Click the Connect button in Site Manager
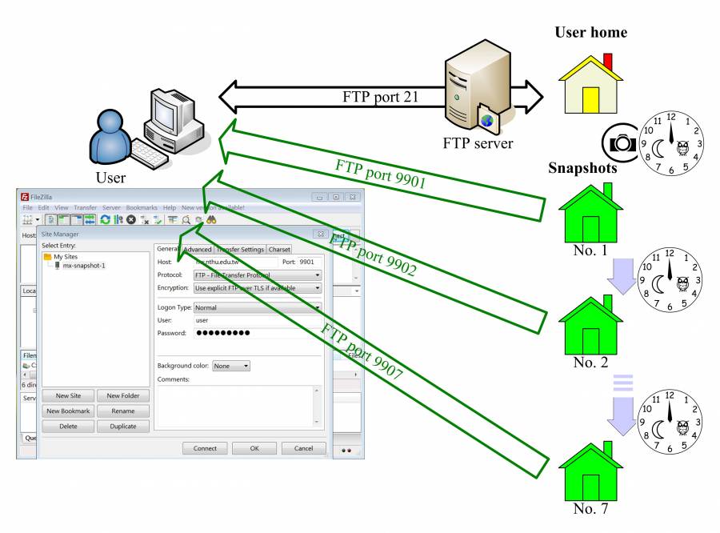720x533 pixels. (205, 448)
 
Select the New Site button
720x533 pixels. (68, 395)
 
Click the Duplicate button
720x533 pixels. (122, 427)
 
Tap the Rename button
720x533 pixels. (122, 411)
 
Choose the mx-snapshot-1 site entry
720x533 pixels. (84, 266)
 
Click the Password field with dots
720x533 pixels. (256, 333)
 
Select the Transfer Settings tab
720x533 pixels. (240, 250)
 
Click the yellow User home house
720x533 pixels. (590, 86)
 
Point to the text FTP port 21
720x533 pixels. (381, 98)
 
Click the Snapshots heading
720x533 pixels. (582, 169)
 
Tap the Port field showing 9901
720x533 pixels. (307, 262)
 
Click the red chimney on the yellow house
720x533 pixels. (608, 62)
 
